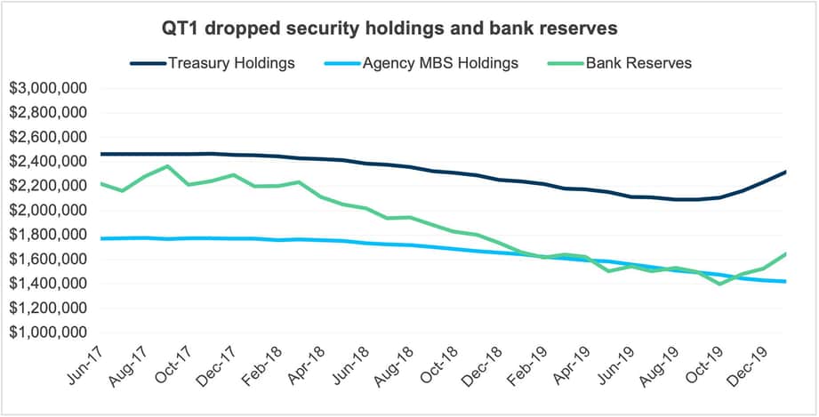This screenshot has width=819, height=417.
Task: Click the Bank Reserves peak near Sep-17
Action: point(167,166)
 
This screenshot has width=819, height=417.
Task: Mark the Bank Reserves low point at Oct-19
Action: point(719,284)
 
